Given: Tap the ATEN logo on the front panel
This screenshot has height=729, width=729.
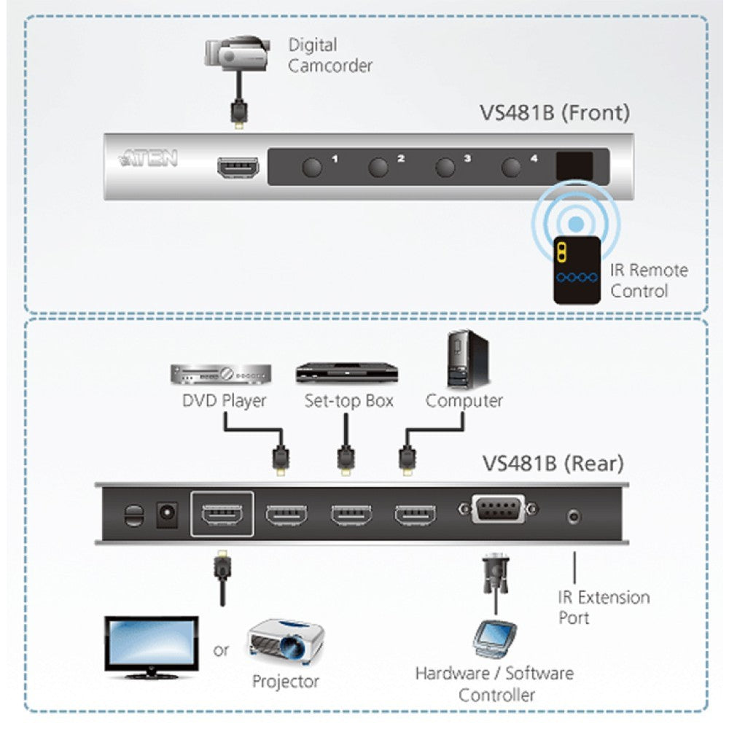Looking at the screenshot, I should (x=149, y=158).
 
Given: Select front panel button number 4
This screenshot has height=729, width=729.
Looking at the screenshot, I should (x=512, y=167).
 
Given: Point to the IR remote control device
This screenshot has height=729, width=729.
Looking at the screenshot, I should (x=577, y=269).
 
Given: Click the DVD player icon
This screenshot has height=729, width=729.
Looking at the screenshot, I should (x=221, y=374).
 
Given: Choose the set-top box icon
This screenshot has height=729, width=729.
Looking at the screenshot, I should (x=347, y=373).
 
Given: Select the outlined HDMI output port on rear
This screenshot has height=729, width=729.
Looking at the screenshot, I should (x=222, y=515).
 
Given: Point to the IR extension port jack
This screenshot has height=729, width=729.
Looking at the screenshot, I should (x=574, y=517).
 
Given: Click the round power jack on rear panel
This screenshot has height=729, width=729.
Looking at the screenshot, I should (x=167, y=515).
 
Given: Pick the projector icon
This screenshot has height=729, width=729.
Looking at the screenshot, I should (x=285, y=642).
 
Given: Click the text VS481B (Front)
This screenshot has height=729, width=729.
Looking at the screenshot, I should (x=553, y=113).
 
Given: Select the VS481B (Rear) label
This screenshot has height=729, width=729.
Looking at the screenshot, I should (x=553, y=463).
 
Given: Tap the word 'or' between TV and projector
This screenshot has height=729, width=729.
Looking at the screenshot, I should (x=221, y=650).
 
